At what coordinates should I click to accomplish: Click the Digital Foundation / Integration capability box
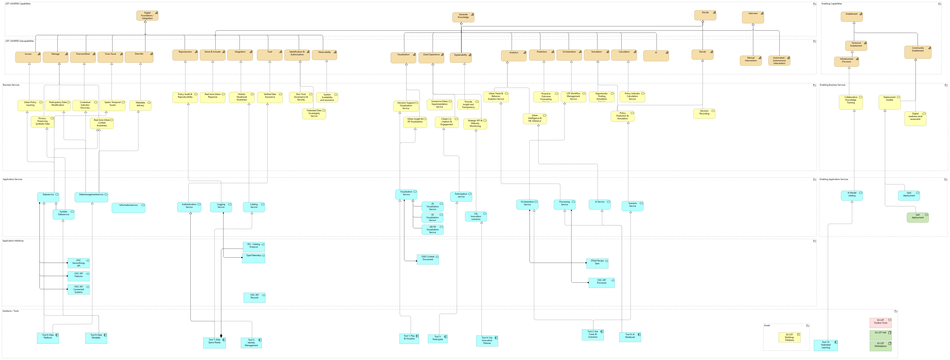click(147, 16)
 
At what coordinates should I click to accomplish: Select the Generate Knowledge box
click(463, 17)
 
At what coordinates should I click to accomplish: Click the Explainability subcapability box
click(461, 57)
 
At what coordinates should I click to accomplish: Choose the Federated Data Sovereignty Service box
click(314, 114)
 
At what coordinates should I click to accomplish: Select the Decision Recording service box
click(704, 114)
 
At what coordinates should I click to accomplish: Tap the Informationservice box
click(128, 208)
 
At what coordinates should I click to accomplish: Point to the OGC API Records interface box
click(254, 297)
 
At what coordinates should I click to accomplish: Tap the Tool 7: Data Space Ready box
click(214, 343)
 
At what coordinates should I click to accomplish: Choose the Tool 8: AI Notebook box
click(630, 337)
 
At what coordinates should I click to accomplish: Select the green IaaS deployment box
click(918, 217)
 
